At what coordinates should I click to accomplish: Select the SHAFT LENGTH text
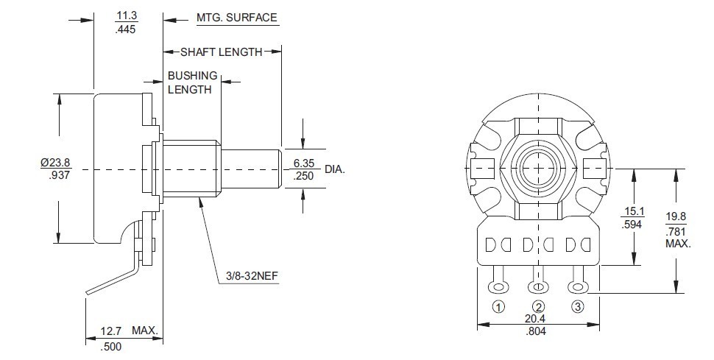pos(221,52)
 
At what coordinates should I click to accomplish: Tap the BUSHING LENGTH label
pos(192,82)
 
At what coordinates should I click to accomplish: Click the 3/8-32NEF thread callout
pos(250,278)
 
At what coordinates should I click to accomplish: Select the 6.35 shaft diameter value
pos(304,163)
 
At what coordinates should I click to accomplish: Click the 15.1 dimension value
pos(632,212)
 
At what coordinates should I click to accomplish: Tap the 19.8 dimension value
pos(676,216)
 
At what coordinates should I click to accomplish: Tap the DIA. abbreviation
pos(334,169)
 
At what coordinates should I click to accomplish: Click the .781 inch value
pos(676,230)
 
